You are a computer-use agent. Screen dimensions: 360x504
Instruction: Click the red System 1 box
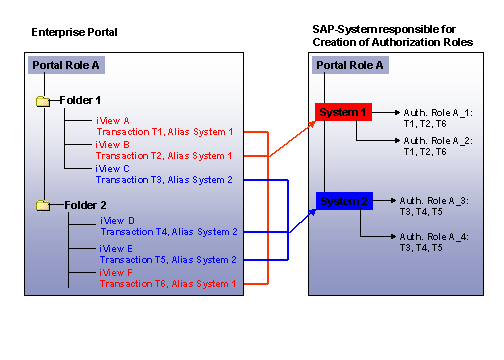click(x=344, y=112)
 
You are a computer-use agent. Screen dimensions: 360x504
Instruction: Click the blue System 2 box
click(x=344, y=201)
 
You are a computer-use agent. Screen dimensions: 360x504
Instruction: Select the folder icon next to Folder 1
click(x=43, y=101)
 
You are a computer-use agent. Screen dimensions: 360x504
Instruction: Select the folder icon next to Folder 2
click(x=43, y=205)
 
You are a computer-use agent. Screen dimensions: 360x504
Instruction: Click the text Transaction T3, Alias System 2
click(x=164, y=180)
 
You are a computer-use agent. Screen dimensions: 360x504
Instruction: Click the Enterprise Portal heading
click(x=73, y=32)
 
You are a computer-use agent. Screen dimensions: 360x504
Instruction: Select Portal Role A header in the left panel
click(x=66, y=65)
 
